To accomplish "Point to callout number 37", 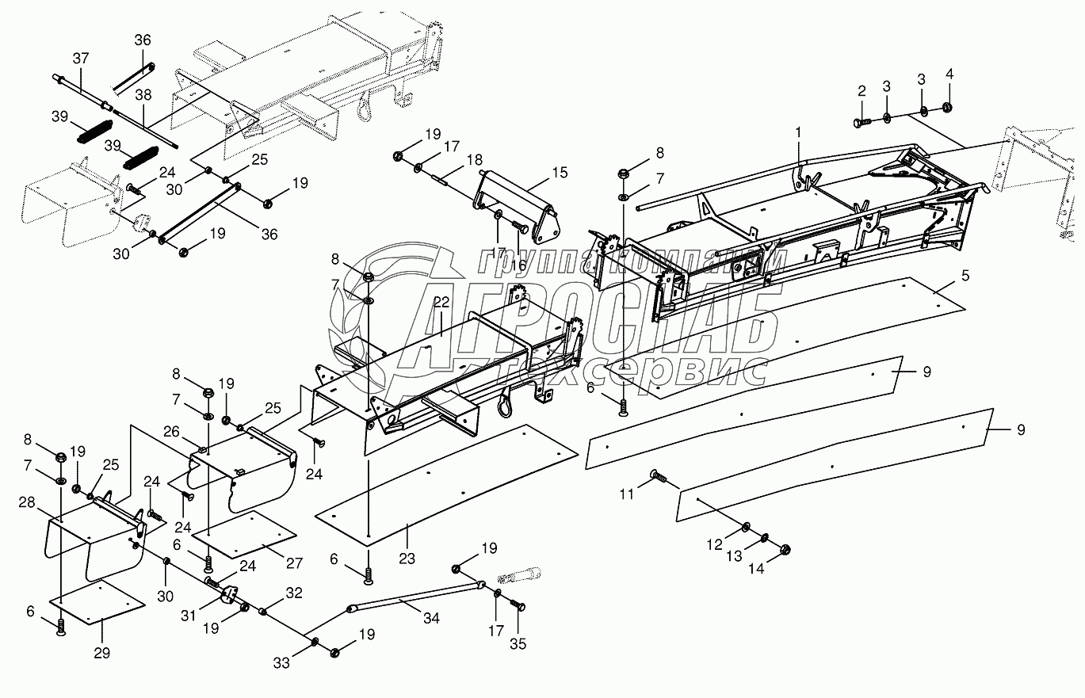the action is [82, 57].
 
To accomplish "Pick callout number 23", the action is [407, 536].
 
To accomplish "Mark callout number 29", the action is [102, 653].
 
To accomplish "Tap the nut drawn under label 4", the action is [949, 108].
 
